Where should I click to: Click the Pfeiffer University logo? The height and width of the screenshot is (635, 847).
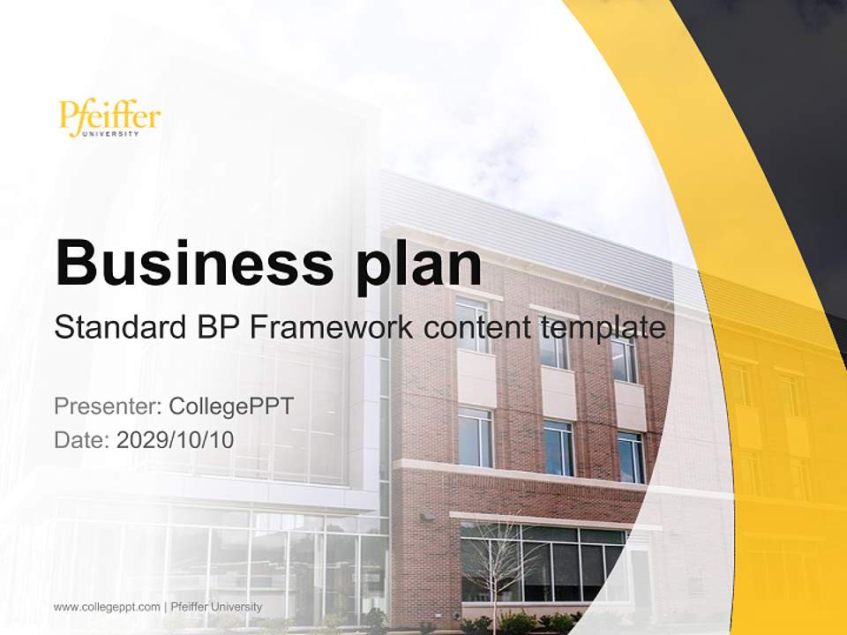coord(109,118)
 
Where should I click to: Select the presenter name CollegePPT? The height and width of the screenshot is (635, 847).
coord(230,407)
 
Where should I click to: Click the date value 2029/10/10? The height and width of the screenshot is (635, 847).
coord(176,440)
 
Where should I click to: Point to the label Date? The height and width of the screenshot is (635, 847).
coord(82,440)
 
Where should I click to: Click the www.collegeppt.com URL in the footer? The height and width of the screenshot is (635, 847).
coord(107,607)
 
